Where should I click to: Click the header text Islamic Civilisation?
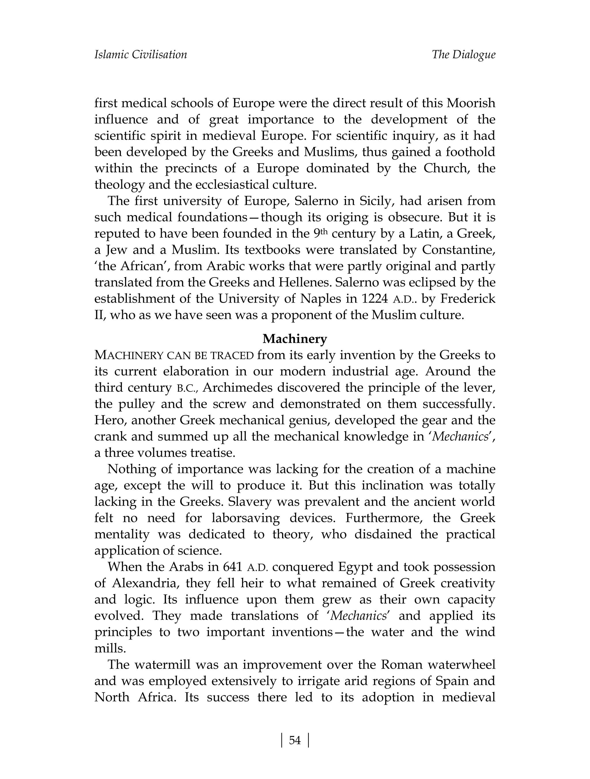[x=141, y=54]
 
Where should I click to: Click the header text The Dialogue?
[x=463, y=54]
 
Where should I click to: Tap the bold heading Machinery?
[x=295, y=339]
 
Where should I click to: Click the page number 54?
[x=295, y=741]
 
